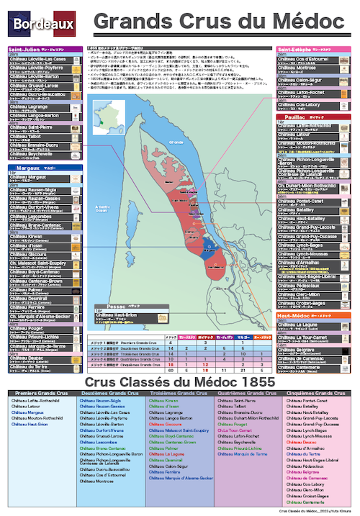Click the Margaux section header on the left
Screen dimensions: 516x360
click(25, 166)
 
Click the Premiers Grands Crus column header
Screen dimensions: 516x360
click(41, 394)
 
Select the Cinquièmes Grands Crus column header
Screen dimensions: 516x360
click(318, 394)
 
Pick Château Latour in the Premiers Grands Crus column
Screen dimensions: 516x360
click(25, 407)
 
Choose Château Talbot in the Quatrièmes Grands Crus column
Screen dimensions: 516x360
click(232, 407)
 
